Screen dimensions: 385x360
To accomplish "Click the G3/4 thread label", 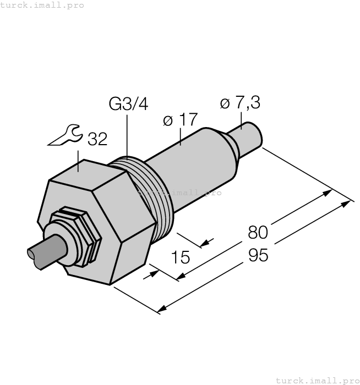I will [x=128, y=104].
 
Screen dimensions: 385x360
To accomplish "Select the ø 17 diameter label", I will [x=181, y=120].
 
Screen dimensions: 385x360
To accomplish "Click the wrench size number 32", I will [x=97, y=139].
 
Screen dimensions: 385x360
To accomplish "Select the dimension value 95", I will [x=258, y=256].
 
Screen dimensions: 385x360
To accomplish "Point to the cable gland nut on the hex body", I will [x=77, y=237].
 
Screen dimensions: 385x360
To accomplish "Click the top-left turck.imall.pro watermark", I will [x=42, y=5].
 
